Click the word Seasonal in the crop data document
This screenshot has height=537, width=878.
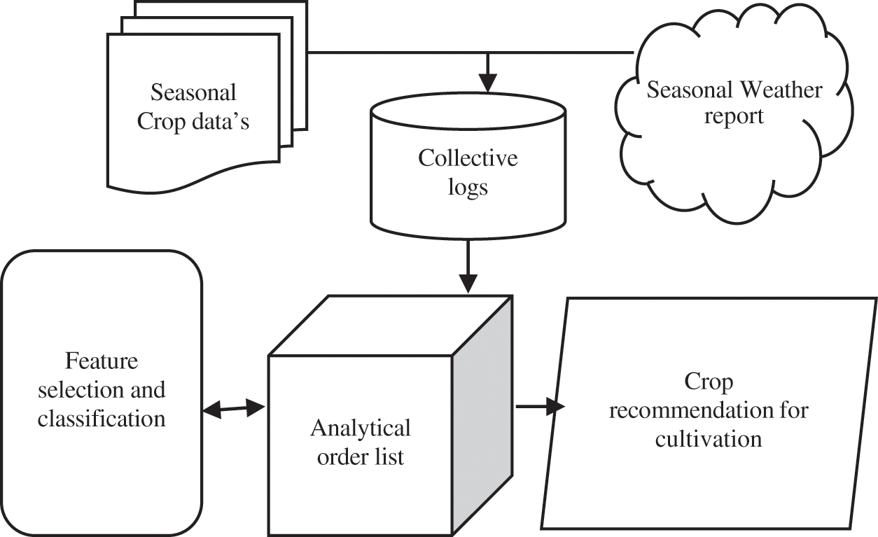(x=193, y=92)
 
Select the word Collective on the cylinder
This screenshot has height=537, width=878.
(x=468, y=158)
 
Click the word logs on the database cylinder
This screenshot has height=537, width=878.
(x=468, y=188)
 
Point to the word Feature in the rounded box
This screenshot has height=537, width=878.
(x=102, y=361)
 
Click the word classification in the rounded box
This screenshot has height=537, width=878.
(x=102, y=419)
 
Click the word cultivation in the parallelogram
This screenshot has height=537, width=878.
(x=708, y=439)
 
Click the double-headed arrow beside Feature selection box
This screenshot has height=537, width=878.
(x=235, y=409)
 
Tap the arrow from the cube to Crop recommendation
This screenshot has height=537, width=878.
(x=540, y=406)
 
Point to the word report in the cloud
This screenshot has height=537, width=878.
(x=734, y=116)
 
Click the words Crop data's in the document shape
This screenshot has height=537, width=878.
(x=193, y=121)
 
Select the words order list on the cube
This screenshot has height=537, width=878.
(x=361, y=456)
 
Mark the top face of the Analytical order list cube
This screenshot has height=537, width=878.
(x=390, y=326)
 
